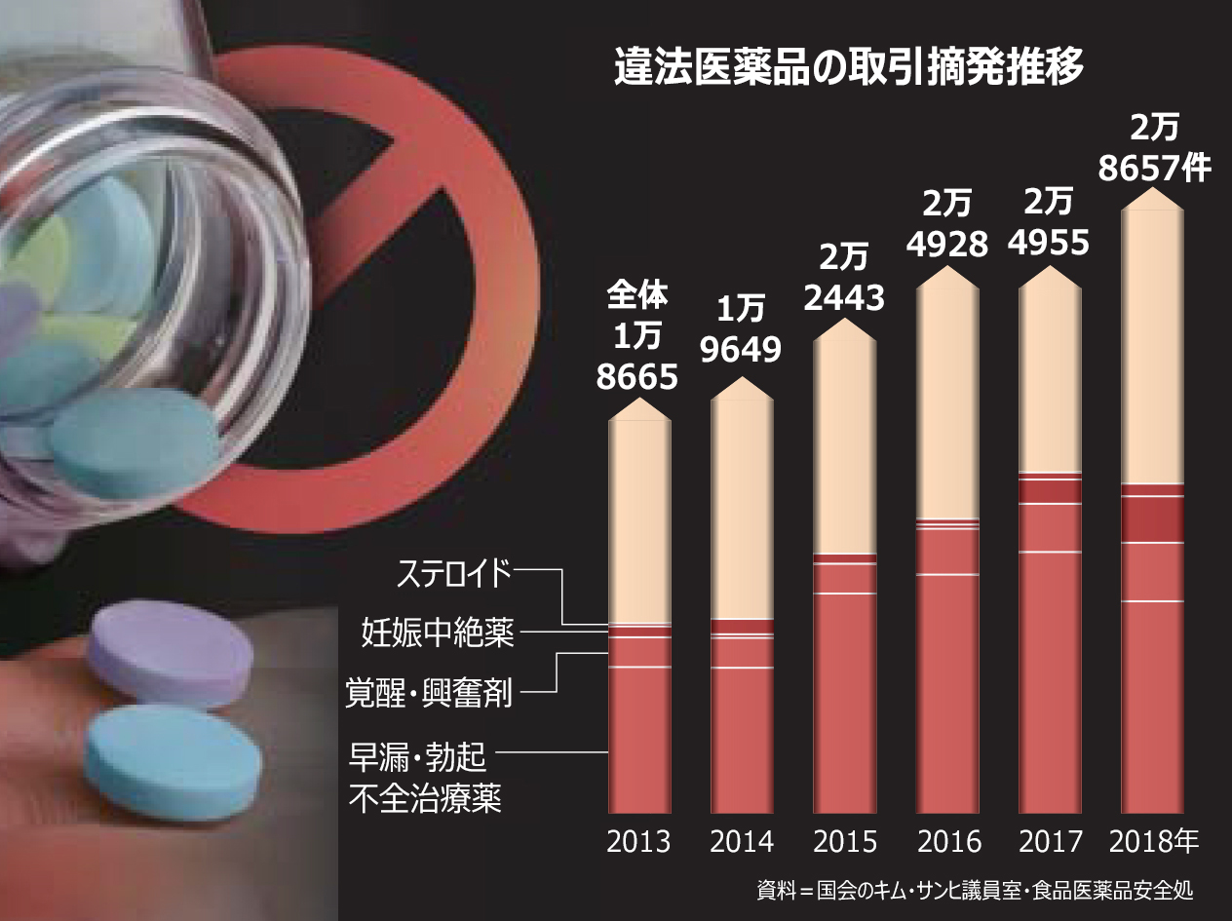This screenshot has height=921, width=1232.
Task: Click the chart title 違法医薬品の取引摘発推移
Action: [x=848, y=69]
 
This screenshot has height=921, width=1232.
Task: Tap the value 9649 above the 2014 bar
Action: [x=742, y=348]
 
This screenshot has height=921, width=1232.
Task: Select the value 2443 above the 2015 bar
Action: [x=844, y=297]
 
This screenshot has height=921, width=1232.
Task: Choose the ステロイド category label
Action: [x=454, y=574]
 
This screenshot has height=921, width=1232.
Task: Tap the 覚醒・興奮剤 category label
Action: [x=430, y=693]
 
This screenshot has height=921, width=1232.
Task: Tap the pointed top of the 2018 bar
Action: [x=1154, y=195]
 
